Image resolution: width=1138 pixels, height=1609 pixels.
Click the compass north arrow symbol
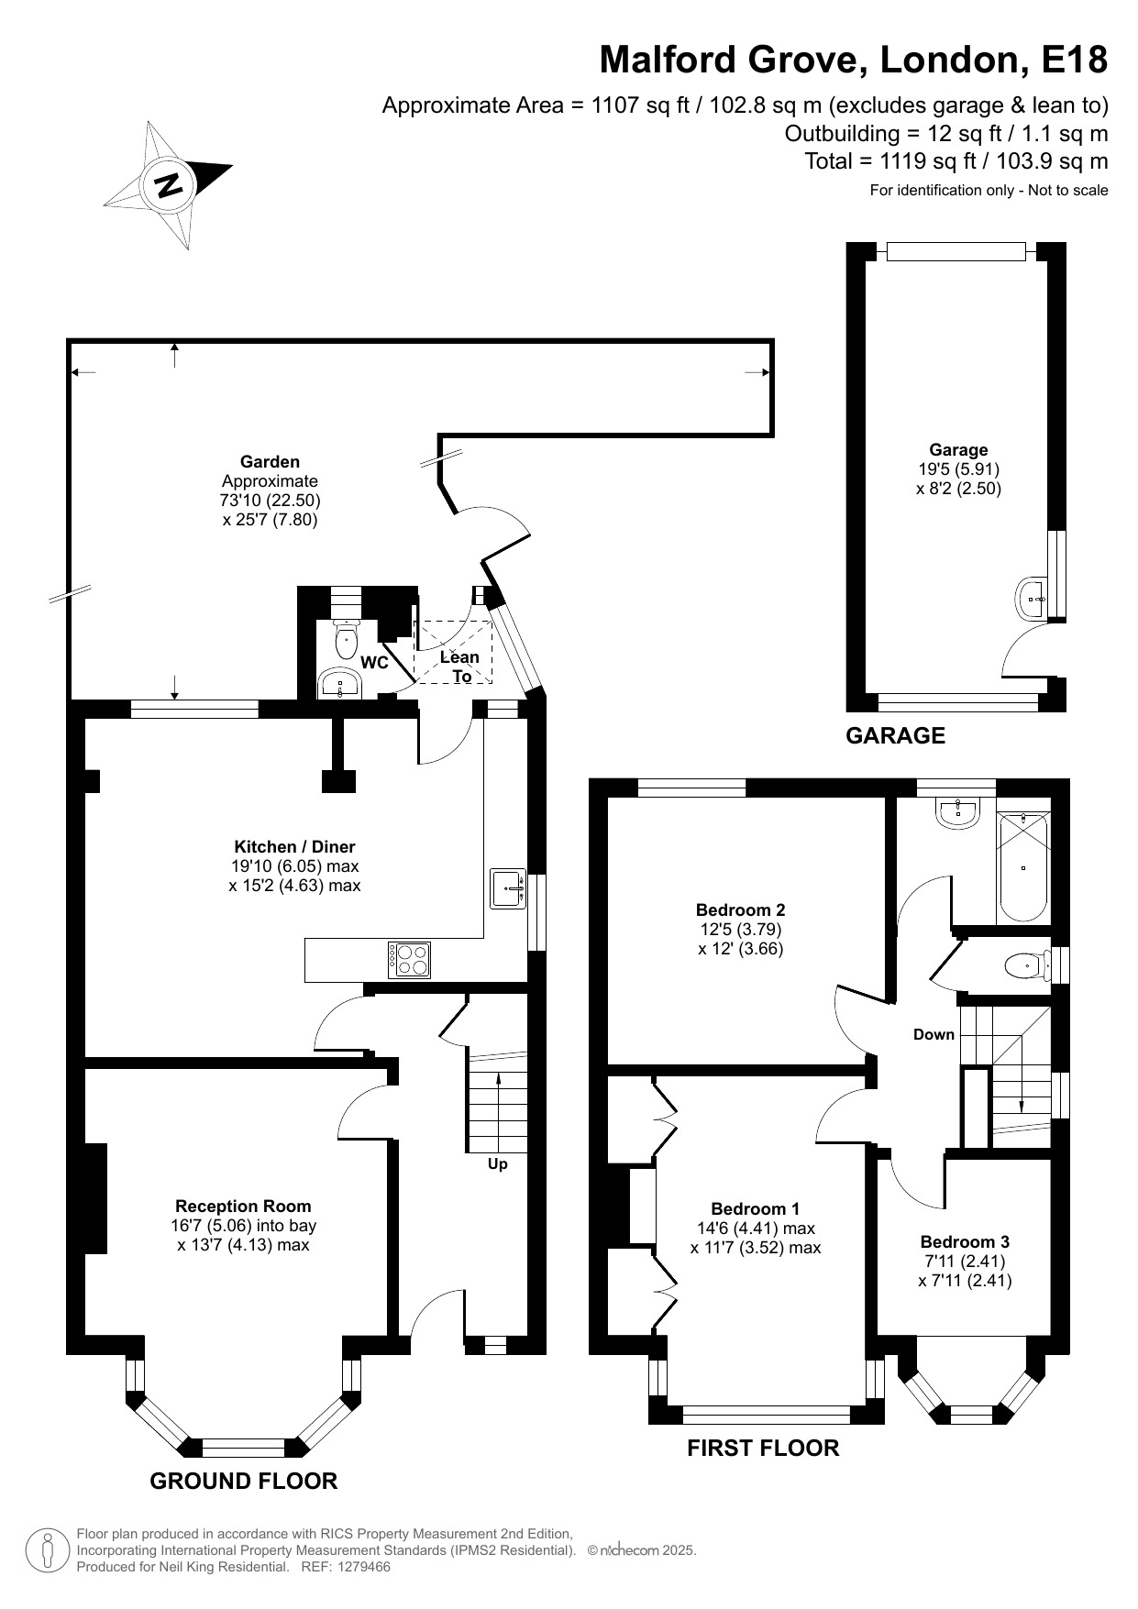[168, 184]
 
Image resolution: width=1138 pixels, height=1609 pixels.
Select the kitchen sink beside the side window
[507, 887]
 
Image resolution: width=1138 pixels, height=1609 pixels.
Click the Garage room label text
[958, 450]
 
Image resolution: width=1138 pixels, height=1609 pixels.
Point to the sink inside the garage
[1033, 598]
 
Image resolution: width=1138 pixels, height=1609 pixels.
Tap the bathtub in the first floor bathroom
[1022, 867]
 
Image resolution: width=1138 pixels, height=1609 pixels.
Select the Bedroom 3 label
[965, 1242]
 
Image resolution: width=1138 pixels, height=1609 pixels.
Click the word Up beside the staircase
[497, 1164]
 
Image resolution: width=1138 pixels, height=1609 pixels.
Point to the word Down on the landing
[934, 1035]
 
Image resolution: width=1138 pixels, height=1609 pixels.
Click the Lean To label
[459, 667]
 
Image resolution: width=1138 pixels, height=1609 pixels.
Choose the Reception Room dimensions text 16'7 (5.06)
[243, 1226]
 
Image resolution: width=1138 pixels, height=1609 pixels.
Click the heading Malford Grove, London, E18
[853, 61]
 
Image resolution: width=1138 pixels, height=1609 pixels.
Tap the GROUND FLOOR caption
[243, 1481]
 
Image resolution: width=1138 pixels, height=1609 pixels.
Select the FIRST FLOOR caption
[763, 1448]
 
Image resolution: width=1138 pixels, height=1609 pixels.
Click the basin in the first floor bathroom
[959, 810]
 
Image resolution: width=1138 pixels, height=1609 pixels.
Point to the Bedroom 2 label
[740, 910]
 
